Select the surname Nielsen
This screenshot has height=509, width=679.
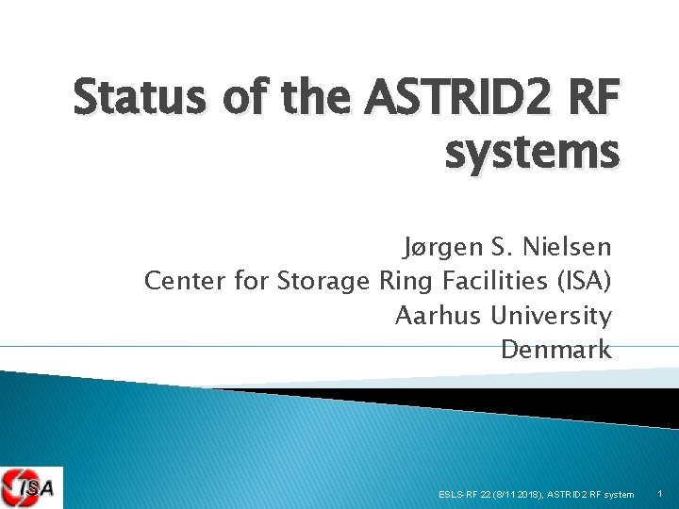[x=569, y=248]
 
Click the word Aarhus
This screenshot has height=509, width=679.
[x=439, y=316]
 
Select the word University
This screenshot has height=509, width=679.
[x=552, y=316]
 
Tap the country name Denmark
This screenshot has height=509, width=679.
[x=555, y=350]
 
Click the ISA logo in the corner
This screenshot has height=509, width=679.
[x=31, y=487]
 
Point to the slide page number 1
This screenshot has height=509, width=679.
[x=659, y=494]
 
